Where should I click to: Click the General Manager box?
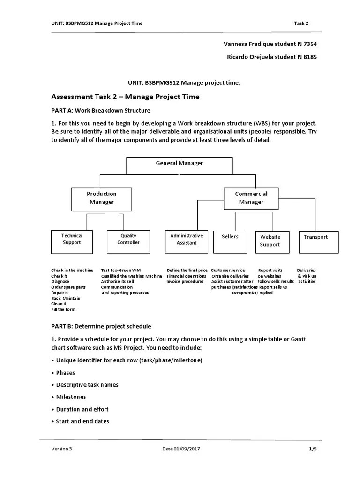[180, 165]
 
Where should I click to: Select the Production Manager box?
[101, 198]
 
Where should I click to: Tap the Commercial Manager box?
[251, 198]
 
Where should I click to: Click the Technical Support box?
[72, 241]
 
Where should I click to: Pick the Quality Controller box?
[128, 241]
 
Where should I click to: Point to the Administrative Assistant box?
[187, 241]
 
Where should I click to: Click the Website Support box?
[270, 241]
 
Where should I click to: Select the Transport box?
[315, 241]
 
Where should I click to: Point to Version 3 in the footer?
[62, 449]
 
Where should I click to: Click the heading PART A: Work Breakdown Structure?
[101, 111]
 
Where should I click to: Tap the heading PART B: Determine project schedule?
[101, 326]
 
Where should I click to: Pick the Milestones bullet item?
[71, 397]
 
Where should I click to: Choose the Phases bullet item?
[65, 373]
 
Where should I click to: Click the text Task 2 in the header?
[301, 23]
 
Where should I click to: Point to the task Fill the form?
[63, 309]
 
